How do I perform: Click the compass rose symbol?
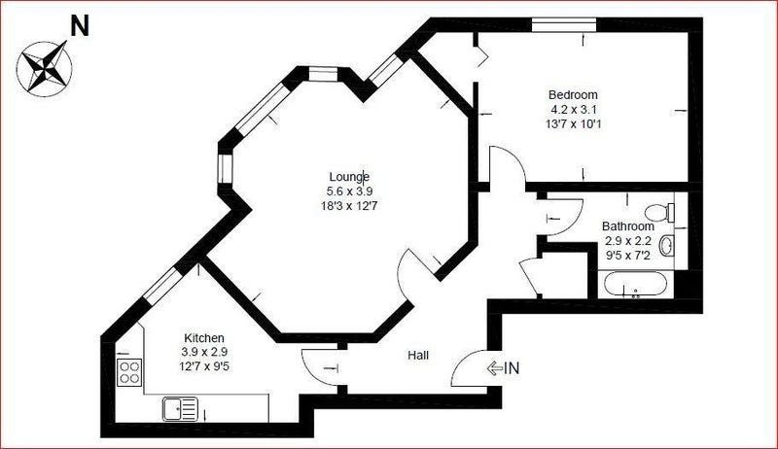coord(44,67)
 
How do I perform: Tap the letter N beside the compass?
coord(80,26)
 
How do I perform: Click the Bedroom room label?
coord(573,94)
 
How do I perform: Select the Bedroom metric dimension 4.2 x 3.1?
coord(573,110)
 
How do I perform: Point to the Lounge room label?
coord(349,177)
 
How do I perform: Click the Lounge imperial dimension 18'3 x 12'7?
coord(349,206)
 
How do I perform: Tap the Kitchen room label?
coord(204,338)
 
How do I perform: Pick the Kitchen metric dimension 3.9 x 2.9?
coord(204,353)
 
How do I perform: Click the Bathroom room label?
coord(628,226)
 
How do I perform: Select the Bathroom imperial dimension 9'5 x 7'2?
coord(628,256)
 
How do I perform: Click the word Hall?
coord(418,356)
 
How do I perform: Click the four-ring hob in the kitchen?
coord(129,372)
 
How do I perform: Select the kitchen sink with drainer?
coord(180,409)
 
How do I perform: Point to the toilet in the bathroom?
coord(660,213)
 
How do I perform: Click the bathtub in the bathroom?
coord(636,286)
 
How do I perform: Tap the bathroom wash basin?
coord(667,245)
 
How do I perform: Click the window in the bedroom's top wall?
coord(564,24)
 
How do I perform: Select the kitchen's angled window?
coord(160,286)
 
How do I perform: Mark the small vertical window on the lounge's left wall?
coord(226,169)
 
